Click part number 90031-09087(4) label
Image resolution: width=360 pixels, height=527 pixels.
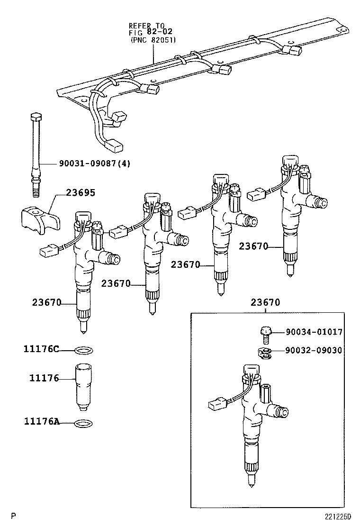coord(95,164)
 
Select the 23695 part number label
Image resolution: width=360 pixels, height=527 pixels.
coord(81,193)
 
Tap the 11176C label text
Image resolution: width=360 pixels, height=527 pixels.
coord(41,350)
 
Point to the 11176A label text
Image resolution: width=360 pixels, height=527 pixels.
coord(41,421)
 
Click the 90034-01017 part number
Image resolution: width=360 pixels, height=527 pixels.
coord(314,332)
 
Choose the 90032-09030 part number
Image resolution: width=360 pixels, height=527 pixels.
coord(314,350)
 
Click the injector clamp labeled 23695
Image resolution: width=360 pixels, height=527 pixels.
coord(40,218)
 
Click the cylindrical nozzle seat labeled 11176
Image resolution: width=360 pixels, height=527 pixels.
coord(83,383)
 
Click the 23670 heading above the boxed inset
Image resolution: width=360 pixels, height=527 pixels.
coord(265,302)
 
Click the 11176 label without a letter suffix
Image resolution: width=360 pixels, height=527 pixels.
coord(44,378)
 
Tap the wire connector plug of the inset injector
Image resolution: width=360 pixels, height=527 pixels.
coord(216,404)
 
